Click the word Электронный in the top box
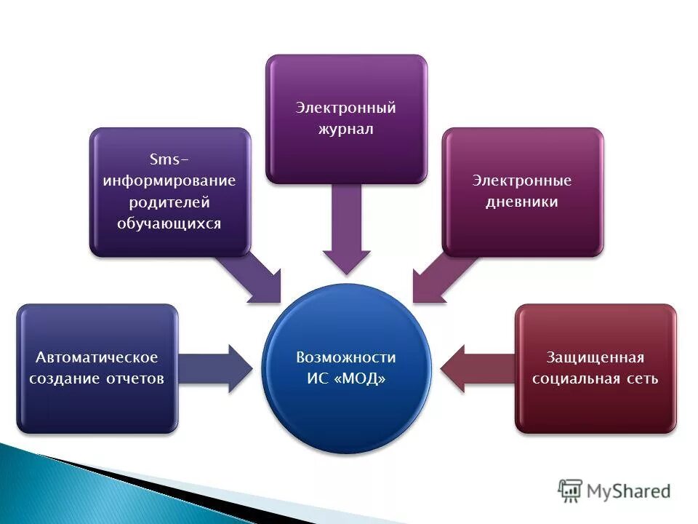pos(345,108)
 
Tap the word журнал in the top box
pos(345,130)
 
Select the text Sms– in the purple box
pos(169,158)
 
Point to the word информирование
pos(169,180)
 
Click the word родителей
pos(169,202)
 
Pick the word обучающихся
pos(169,223)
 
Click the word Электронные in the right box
pos(522,180)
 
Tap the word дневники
pos(522,202)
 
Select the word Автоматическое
pos(97,357)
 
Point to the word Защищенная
pos(595,357)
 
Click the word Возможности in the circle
pos(346,357)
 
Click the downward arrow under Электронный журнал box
pos(346,233)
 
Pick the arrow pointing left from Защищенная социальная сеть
pos(477,368)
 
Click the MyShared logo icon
pos(570,491)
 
